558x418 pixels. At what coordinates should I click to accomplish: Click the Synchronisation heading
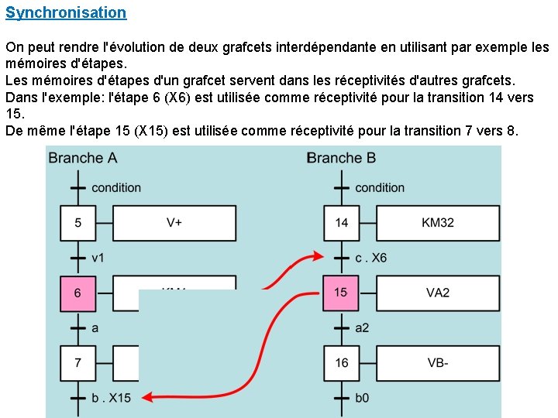[66, 13]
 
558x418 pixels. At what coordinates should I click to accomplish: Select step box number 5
[77, 223]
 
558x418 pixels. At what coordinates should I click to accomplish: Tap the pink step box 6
[77, 293]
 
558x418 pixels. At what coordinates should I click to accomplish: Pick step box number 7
[77, 362]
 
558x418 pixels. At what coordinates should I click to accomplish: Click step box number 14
[341, 223]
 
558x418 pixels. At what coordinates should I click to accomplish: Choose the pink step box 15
[341, 293]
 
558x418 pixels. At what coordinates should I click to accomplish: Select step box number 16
[341, 362]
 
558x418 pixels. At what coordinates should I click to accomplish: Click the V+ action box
[174, 223]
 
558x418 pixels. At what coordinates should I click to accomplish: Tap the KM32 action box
[438, 223]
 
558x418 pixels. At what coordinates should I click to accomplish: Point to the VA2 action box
[438, 293]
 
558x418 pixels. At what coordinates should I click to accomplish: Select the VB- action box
[438, 362]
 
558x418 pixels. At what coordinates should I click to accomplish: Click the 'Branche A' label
[83, 158]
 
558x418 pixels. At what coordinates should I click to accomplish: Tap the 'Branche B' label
[342, 158]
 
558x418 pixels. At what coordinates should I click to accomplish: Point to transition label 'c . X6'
[371, 258]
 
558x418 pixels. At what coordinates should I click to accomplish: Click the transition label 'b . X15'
[112, 398]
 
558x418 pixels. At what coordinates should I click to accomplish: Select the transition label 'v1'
[98, 258]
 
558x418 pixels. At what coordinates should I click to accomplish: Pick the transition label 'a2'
[362, 327]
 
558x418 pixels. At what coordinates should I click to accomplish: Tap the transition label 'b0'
[362, 398]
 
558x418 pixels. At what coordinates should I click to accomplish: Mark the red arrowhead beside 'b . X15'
[148, 397]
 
